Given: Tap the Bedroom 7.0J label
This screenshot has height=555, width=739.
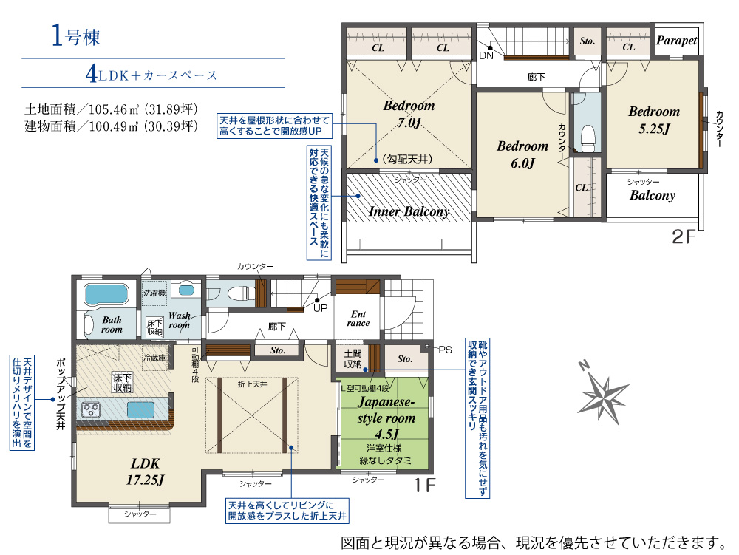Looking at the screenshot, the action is click(409, 114).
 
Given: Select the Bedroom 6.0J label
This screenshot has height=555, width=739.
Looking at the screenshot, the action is click(522, 154).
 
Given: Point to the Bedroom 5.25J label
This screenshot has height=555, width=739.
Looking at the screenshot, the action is click(654, 120).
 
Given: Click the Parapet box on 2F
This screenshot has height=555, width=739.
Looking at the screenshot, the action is click(677, 40).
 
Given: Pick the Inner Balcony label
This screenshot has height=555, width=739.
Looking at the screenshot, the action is click(409, 212).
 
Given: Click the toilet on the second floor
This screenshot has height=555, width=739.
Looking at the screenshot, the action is click(588, 138).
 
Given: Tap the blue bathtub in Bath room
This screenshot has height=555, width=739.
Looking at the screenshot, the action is click(106, 294).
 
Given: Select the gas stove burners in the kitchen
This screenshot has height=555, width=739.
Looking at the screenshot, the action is click(92, 409).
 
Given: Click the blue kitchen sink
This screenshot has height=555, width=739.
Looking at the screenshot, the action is click(140, 409).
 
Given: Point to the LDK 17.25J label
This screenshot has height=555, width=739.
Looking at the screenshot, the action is click(145, 471).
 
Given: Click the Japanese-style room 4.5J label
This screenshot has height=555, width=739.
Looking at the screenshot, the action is click(386, 418).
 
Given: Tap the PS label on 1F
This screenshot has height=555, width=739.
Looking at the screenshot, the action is click(446, 350).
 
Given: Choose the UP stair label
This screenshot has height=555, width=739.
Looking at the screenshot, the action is click(321, 308).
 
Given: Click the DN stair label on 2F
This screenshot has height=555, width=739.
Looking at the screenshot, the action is click(486, 55).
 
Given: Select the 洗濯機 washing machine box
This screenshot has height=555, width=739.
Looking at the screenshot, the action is click(154, 293).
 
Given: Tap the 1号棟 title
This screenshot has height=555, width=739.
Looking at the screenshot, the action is click(75, 35).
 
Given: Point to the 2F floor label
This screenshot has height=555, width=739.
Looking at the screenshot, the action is click(684, 236).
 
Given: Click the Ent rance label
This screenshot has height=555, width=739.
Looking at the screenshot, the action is click(358, 319).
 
